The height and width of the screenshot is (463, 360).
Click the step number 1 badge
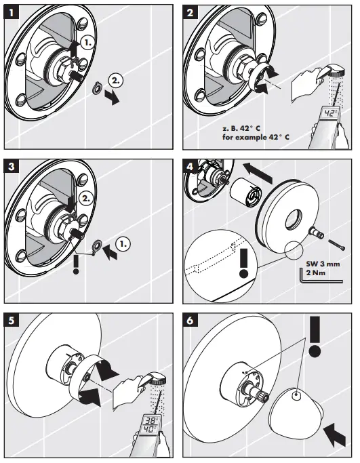pyautogui.click(x=12, y=12)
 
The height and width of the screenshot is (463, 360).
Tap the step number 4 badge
pyautogui.click(x=190, y=167)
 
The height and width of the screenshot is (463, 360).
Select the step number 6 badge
pyautogui.click(x=190, y=321)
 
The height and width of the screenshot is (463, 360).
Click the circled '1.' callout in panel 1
pyautogui.click(x=87, y=43)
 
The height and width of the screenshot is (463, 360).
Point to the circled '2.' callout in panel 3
pyautogui.click(x=85, y=199)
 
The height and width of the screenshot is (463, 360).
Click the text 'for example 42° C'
pyautogui.click(x=256, y=138)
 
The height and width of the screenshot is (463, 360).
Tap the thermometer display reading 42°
pyautogui.click(x=330, y=113)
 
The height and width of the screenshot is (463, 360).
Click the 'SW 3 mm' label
pyautogui.click(x=323, y=264)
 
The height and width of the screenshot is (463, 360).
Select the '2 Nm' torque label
pyautogui.click(x=316, y=273)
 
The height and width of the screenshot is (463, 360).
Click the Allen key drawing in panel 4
pyautogui.click(x=321, y=281)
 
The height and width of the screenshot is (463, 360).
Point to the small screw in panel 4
pyautogui.click(x=337, y=245)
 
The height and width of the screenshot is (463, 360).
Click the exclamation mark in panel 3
pyautogui.click(x=76, y=264)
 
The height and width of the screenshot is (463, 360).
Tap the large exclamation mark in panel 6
pyautogui.click(x=315, y=337)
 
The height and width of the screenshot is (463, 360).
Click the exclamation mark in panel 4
pyautogui.click(x=243, y=263)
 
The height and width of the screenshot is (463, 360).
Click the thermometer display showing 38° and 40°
pyautogui.click(x=151, y=425)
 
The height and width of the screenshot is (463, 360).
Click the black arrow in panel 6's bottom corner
pyautogui.click(x=335, y=435)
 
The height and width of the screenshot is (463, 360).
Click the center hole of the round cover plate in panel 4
pyautogui.click(x=294, y=220)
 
